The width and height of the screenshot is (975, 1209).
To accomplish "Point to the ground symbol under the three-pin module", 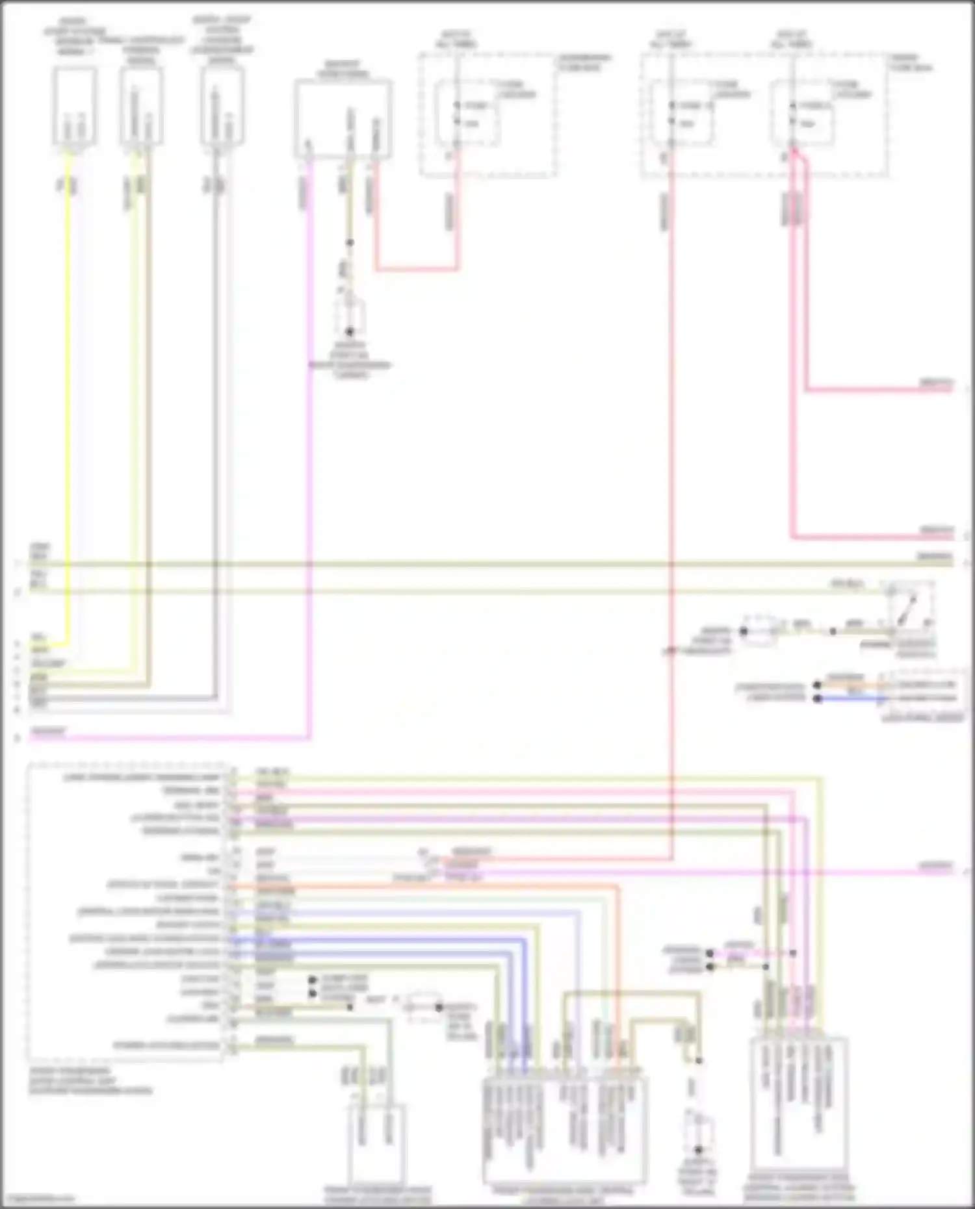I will coord(350,318).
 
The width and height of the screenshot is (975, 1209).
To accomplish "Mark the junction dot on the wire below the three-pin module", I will coord(350,243).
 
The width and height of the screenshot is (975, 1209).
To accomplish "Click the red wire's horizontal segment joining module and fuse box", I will coord(416,268).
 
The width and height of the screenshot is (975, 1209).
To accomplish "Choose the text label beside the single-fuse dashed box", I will coord(584,62).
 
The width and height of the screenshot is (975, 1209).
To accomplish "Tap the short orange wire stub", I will coord(851,685).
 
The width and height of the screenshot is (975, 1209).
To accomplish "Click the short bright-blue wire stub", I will coord(851,699).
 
